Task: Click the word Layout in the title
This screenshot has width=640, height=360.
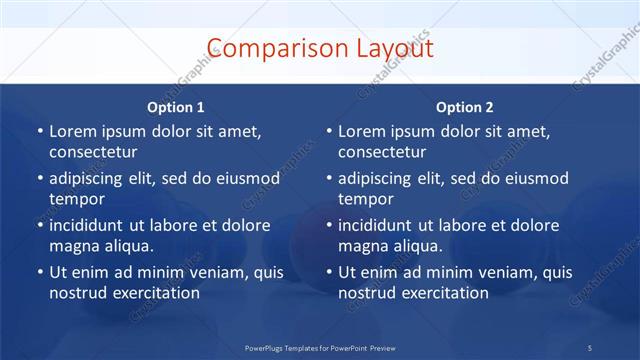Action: click(393, 49)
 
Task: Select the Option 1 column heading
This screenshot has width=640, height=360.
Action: click(176, 107)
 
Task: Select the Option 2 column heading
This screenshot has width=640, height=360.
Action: click(465, 107)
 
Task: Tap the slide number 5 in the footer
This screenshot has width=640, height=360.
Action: click(589, 346)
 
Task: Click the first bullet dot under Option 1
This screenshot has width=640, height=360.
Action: click(39, 131)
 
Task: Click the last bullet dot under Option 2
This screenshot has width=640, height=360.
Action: click(328, 272)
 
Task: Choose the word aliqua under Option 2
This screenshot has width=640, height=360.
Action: click(416, 246)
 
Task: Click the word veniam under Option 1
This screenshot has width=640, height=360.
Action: click(210, 272)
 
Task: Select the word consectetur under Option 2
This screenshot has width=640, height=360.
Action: click(382, 152)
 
